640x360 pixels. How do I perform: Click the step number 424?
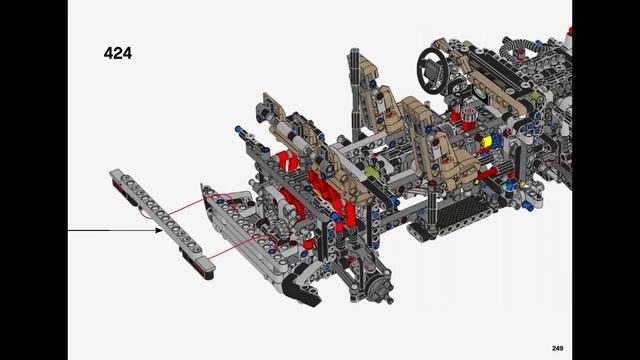[x=117, y=53]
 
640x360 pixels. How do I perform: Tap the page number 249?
[x=557, y=347]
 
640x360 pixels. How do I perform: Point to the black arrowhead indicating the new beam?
[x=157, y=230]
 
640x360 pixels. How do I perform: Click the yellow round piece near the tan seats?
[x=487, y=142]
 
